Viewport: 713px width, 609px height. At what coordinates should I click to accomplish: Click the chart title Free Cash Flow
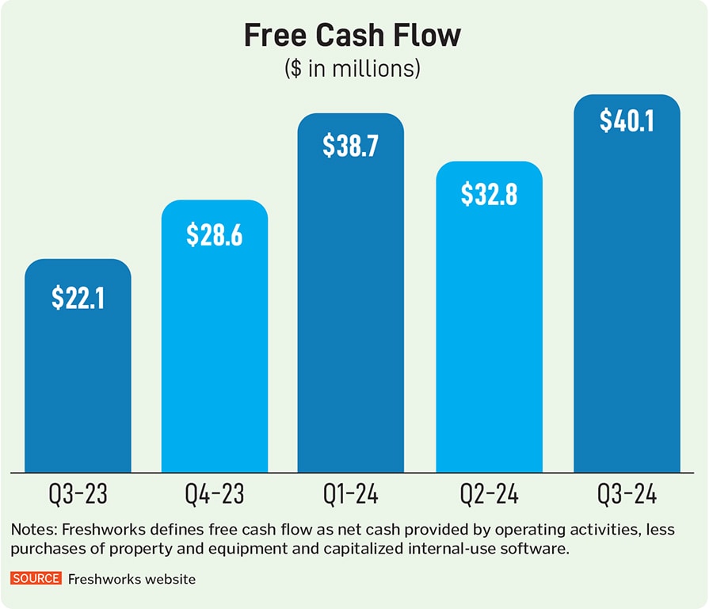(x=352, y=36)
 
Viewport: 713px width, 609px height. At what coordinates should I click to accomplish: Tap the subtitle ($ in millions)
(x=352, y=69)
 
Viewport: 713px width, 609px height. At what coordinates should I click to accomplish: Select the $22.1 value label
(x=78, y=298)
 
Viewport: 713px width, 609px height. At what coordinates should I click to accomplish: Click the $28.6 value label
(x=215, y=235)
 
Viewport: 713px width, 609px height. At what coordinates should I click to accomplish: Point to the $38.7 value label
(x=351, y=147)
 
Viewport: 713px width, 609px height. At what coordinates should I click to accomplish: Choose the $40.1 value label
(x=627, y=120)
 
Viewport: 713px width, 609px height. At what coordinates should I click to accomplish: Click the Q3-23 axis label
(x=78, y=496)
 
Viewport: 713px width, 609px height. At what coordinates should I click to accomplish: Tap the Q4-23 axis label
(x=215, y=496)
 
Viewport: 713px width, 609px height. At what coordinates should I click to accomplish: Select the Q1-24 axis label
(x=351, y=496)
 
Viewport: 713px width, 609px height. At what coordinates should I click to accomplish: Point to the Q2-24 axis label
(x=489, y=496)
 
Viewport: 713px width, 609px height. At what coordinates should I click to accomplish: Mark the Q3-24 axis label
(x=627, y=496)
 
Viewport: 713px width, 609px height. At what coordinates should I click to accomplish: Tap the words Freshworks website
(x=132, y=580)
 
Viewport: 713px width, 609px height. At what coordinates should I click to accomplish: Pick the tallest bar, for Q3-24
(x=627, y=317)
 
